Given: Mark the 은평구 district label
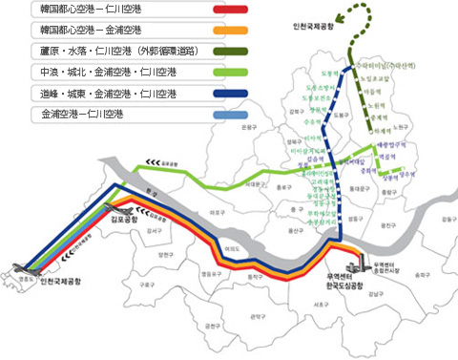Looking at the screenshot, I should click(x=249, y=126).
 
